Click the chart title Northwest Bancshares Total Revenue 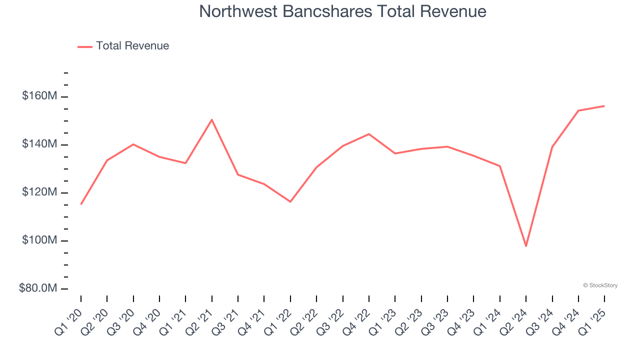coord(342,11)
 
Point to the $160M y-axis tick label coord(39,96)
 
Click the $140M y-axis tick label coord(39,144)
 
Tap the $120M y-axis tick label coord(39,192)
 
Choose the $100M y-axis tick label coord(39,240)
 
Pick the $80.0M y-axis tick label coord(37,288)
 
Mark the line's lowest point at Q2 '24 coord(526,246)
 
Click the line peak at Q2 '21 coord(212,119)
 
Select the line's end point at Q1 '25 coord(604,106)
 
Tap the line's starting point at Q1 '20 coord(81,204)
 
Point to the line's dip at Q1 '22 coord(290,201)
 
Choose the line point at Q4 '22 coord(369,134)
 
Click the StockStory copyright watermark coord(600,285)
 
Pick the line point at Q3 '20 coord(133,144)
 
